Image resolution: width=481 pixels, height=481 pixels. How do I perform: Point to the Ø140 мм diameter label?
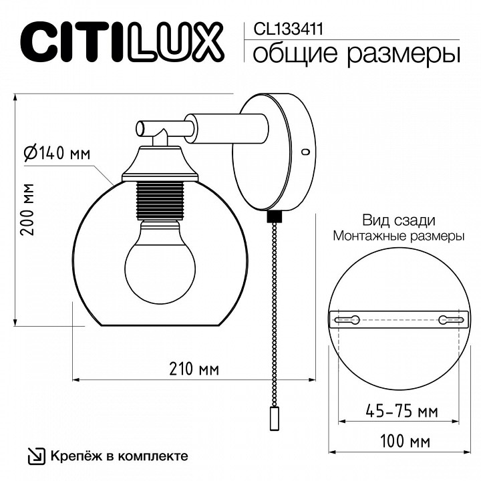[x=57, y=154]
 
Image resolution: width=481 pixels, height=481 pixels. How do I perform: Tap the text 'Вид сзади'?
[x=399, y=220]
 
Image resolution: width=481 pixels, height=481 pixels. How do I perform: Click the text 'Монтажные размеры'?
[x=399, y=236]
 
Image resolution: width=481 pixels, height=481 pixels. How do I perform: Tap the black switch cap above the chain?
[x=274, y=217]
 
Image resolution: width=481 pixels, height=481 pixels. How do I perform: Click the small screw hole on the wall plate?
[x=305, y=152]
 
